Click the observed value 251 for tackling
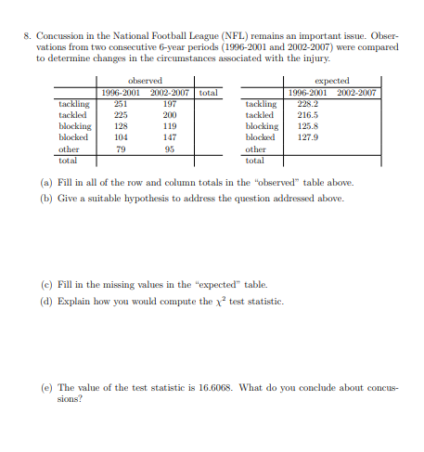(x=120, y=104)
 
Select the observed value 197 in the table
(x=170, y=104)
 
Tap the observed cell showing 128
(x=120, y=125)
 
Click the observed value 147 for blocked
(x=170, y=136)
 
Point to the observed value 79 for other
(x=120, y=149)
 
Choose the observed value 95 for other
(x=170, y=149)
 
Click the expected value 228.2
(x=306, y=104)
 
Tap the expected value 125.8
(x=306, y=125)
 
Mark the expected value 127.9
(x=306, y=136)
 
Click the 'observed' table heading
(x=145, y=82)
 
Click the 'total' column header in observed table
(x=208, y=93)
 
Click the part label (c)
(x=46, y=282)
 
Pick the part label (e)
(x=46, y=387)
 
